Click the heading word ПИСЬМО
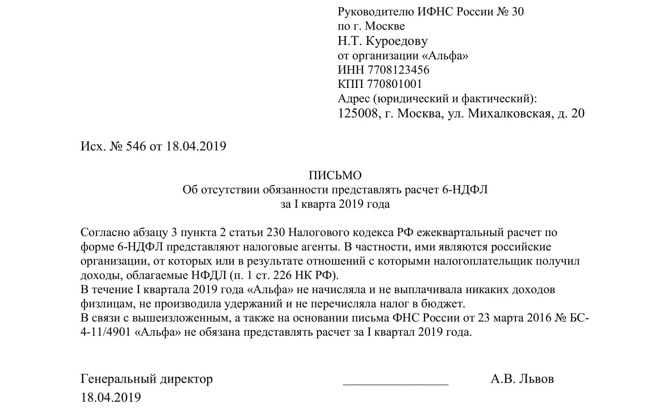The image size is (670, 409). (335, 175)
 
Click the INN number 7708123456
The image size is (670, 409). (398, 70)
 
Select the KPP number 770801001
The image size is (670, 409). (394, 84)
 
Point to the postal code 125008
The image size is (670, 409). (357, 113)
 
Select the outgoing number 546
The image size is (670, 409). (136, 146)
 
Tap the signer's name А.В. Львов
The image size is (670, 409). (522, 379)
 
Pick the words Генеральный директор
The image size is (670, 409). (147, 379)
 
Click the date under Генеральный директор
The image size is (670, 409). (111, 397)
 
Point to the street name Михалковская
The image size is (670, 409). (509, 113)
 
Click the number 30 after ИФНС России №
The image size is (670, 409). (518, 11)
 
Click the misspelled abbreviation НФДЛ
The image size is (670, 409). (209, 275)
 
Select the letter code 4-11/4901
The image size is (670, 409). (106, 332)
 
